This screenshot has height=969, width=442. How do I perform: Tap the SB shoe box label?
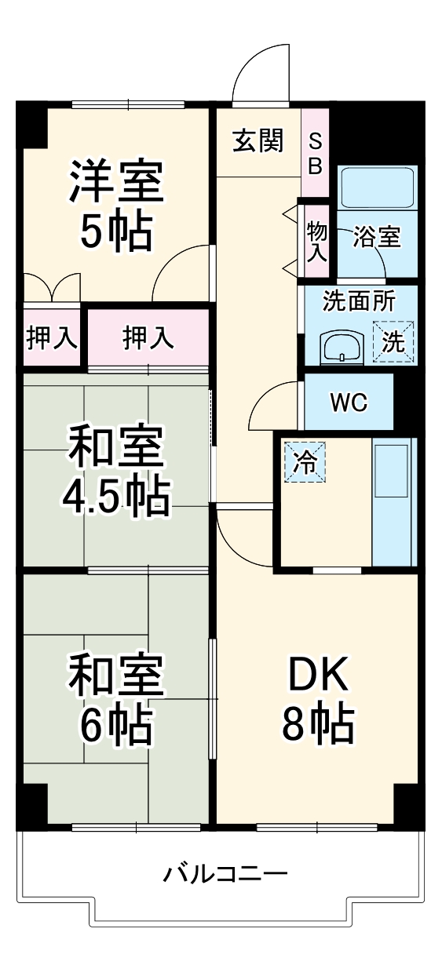(x=314, y=153)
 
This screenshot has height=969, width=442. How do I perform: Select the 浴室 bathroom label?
(x=377, y=236)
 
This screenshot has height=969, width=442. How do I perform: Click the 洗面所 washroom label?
(x=360, y=301)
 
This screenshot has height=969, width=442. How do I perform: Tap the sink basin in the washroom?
(x=343, y=344)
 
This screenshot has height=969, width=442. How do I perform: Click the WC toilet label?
(x=349, y=403)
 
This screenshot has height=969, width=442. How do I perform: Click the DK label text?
(x=316, y=676)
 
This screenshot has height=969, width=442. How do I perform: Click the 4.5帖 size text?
(x=116, y=495)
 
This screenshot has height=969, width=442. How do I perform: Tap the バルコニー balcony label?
(x=225, y=872)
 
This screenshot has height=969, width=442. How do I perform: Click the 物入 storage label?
(x=316, y=241)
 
